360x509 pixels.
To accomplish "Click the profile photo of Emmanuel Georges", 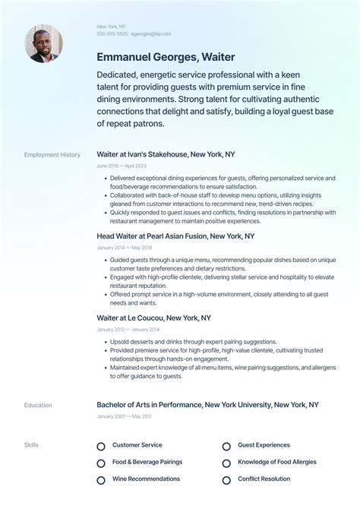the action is click(x=43, y=43).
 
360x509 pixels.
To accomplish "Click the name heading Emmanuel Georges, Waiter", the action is click(x=166, y=57).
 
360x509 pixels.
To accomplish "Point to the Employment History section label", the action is click(x=52, y=155).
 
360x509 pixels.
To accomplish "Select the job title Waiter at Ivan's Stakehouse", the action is click(x=166, y=154).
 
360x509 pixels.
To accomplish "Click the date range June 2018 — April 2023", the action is click(x=122, y=166).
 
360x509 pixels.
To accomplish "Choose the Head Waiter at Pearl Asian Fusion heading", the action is click(x=175, y=236).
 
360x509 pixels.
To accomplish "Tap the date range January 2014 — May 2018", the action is click(x=125, y=248).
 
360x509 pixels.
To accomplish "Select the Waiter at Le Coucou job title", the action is click(x=153, y=318).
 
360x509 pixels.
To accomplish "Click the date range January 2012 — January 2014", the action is click(x=128, y=330).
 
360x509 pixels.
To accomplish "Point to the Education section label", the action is click(x=38, y=406).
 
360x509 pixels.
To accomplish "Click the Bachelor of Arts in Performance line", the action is click(x=207, y=405).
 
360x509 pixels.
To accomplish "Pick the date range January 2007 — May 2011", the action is click(x=125, y=416).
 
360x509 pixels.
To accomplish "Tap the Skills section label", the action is click(x=31, y=445).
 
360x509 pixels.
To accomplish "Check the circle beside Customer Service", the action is click(x=101, y=446).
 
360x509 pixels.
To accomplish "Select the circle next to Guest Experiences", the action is click(x=226, y=446).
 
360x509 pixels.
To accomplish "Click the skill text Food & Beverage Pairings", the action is click(x=147, y=462).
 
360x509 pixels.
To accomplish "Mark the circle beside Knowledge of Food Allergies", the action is click(x=226, y=463).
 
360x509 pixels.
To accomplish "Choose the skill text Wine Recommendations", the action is click(x=146, y=479).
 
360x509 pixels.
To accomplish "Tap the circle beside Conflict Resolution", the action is click(x=226, y=480).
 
